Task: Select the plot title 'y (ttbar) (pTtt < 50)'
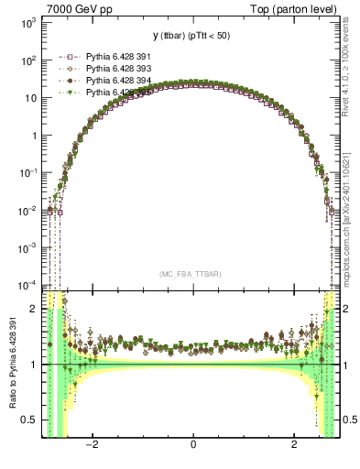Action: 192,36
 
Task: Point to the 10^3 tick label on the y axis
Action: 27,23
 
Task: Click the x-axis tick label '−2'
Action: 92,445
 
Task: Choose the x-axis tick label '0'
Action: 192,445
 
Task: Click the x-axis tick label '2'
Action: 294,445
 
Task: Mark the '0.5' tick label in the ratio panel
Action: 29,420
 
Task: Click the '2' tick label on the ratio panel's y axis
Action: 35,309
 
